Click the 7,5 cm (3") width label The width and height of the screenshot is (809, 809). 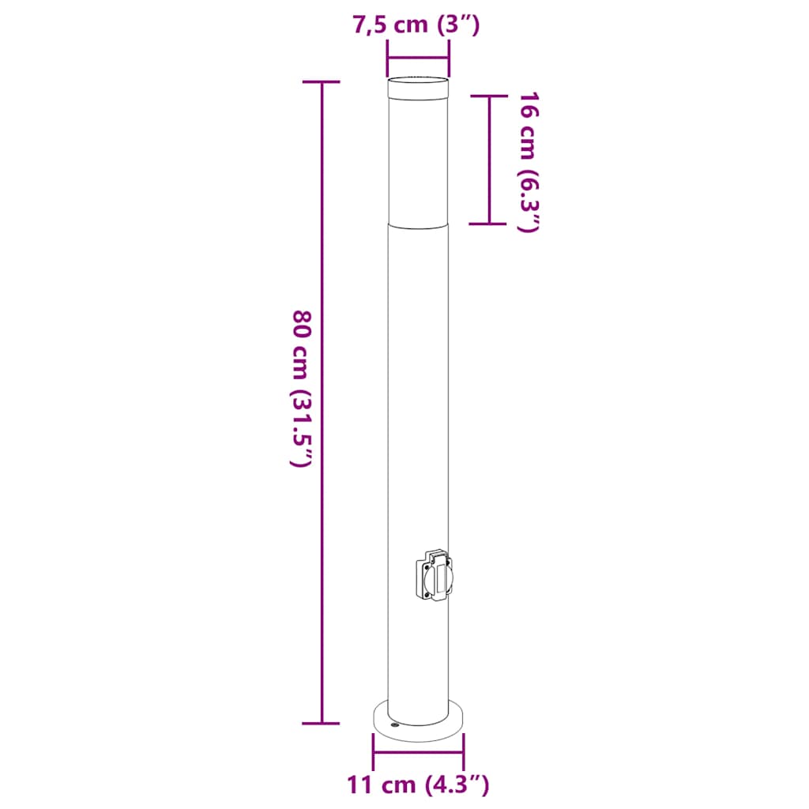click(416, 25)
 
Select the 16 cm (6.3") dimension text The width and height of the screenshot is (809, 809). click(528, 162)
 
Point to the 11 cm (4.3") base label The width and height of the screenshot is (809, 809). click(418, 785)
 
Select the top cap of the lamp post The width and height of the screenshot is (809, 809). click(418, 86)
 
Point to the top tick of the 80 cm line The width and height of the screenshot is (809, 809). click(322, 82)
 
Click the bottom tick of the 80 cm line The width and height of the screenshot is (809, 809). click(322, 723)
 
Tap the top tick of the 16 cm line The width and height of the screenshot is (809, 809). click(489, 96)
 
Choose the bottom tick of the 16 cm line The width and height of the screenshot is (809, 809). click(489, 224)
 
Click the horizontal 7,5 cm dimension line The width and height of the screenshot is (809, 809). click(418, 57)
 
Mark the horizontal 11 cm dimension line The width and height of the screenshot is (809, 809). click(419, 752)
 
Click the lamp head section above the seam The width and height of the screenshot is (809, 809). click(418, 158)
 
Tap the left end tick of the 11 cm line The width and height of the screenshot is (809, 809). click(374, 752)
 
